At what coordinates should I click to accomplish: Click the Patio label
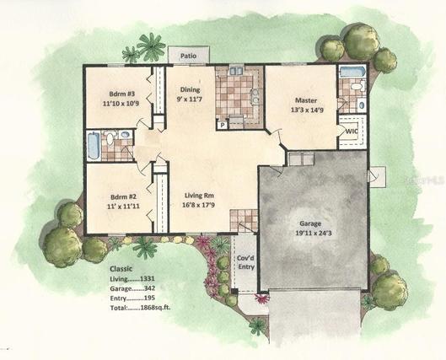[x=188, y=56]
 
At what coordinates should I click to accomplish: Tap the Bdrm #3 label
[x=121, y=94]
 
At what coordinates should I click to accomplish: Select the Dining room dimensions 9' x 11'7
[x=189, y=99]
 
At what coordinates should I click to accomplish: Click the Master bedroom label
[x=306, y=100]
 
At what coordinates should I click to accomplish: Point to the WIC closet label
[x=352, y=132]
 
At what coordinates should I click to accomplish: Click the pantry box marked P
[x=223, y=124]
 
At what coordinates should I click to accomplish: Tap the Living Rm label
[x=199, y=196]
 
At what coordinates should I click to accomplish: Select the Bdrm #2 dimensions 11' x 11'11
[x=123, y=206]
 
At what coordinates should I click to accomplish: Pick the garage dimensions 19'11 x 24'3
[x=313, y=234]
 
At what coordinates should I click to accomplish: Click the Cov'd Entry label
[x=245, y=262]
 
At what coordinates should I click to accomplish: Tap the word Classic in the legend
[x=121, y=269]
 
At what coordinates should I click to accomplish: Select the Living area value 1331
[x=147, y=279]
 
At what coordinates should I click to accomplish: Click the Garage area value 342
[x=149, y=288]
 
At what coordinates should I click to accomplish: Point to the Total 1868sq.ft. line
[x=141, y=308]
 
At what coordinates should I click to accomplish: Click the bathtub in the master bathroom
[x=352, y=72]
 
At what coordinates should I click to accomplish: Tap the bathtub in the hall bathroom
[x=94, y=146]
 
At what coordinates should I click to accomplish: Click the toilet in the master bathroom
[x=357, y=86]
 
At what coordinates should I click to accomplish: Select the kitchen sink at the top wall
[x=236, y=70]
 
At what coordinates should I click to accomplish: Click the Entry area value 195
[x=149, y=298]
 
